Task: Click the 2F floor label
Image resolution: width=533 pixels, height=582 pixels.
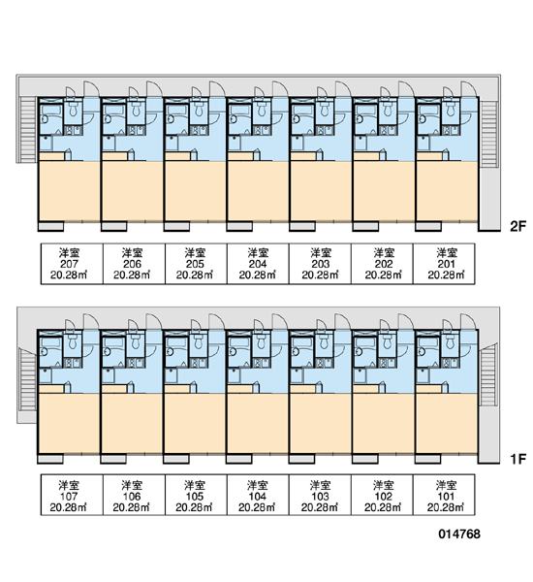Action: pos(517,226)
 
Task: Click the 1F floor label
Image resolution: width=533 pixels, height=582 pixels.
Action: pos(517,459)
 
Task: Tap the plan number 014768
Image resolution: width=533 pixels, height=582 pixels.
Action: pos(459,534)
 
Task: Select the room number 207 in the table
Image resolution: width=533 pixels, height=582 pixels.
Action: pos(69,264)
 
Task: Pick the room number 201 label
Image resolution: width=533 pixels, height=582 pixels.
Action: pos(446,264)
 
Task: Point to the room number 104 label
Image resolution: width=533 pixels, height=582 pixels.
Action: pos(257,497)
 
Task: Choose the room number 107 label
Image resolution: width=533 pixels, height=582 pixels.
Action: pos(69,497)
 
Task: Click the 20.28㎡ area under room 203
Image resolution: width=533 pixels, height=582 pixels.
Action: pos(320,275)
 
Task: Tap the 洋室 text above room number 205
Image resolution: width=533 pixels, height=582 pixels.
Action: pos(195,253)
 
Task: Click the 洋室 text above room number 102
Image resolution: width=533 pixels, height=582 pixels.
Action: pos(383,485)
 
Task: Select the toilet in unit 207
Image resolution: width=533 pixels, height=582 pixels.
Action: pos(73,109)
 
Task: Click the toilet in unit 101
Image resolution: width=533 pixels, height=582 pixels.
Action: pos(450,341)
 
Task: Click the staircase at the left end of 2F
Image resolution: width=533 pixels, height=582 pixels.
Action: pos(28,129)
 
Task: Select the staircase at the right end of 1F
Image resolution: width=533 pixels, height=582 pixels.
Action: pos(488,376)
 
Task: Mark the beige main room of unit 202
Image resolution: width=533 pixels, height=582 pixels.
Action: pos(384,191)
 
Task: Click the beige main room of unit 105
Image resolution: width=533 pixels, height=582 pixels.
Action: pos(195,424)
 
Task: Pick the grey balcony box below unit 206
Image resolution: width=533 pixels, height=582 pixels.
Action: pos(114,226)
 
